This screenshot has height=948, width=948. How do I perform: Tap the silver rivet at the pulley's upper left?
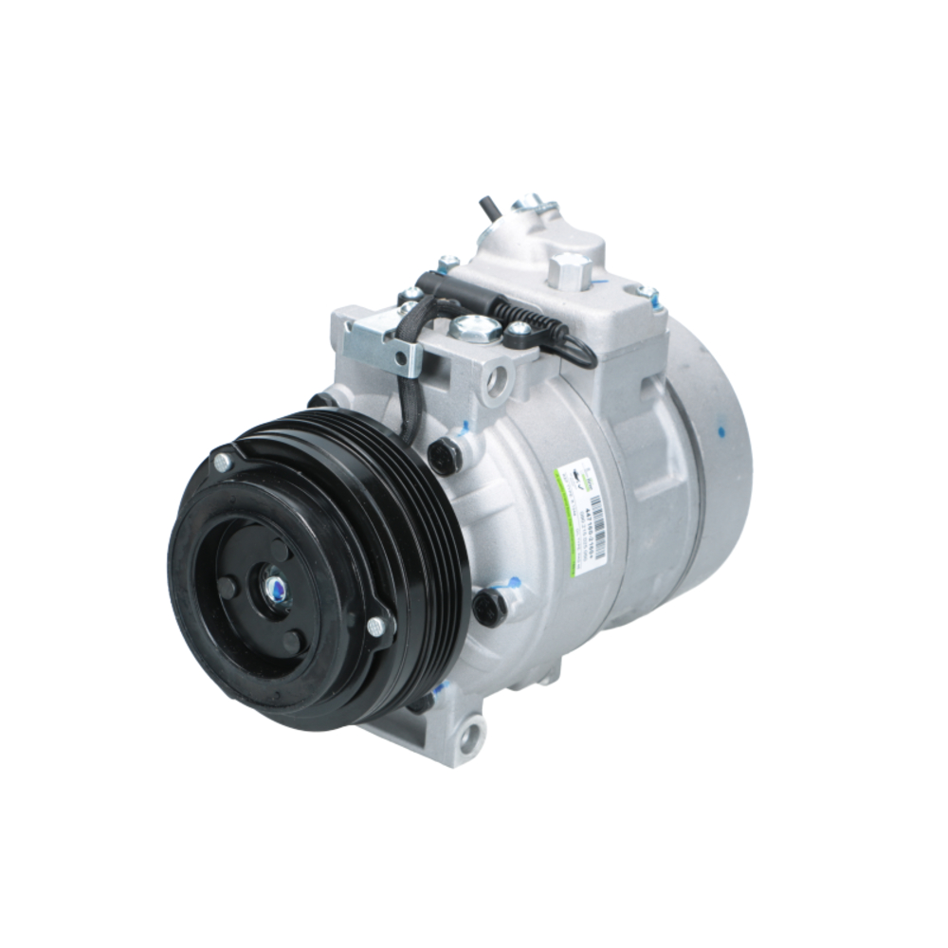coord(222,462)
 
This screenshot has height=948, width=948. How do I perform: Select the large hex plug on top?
coord(571,269)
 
